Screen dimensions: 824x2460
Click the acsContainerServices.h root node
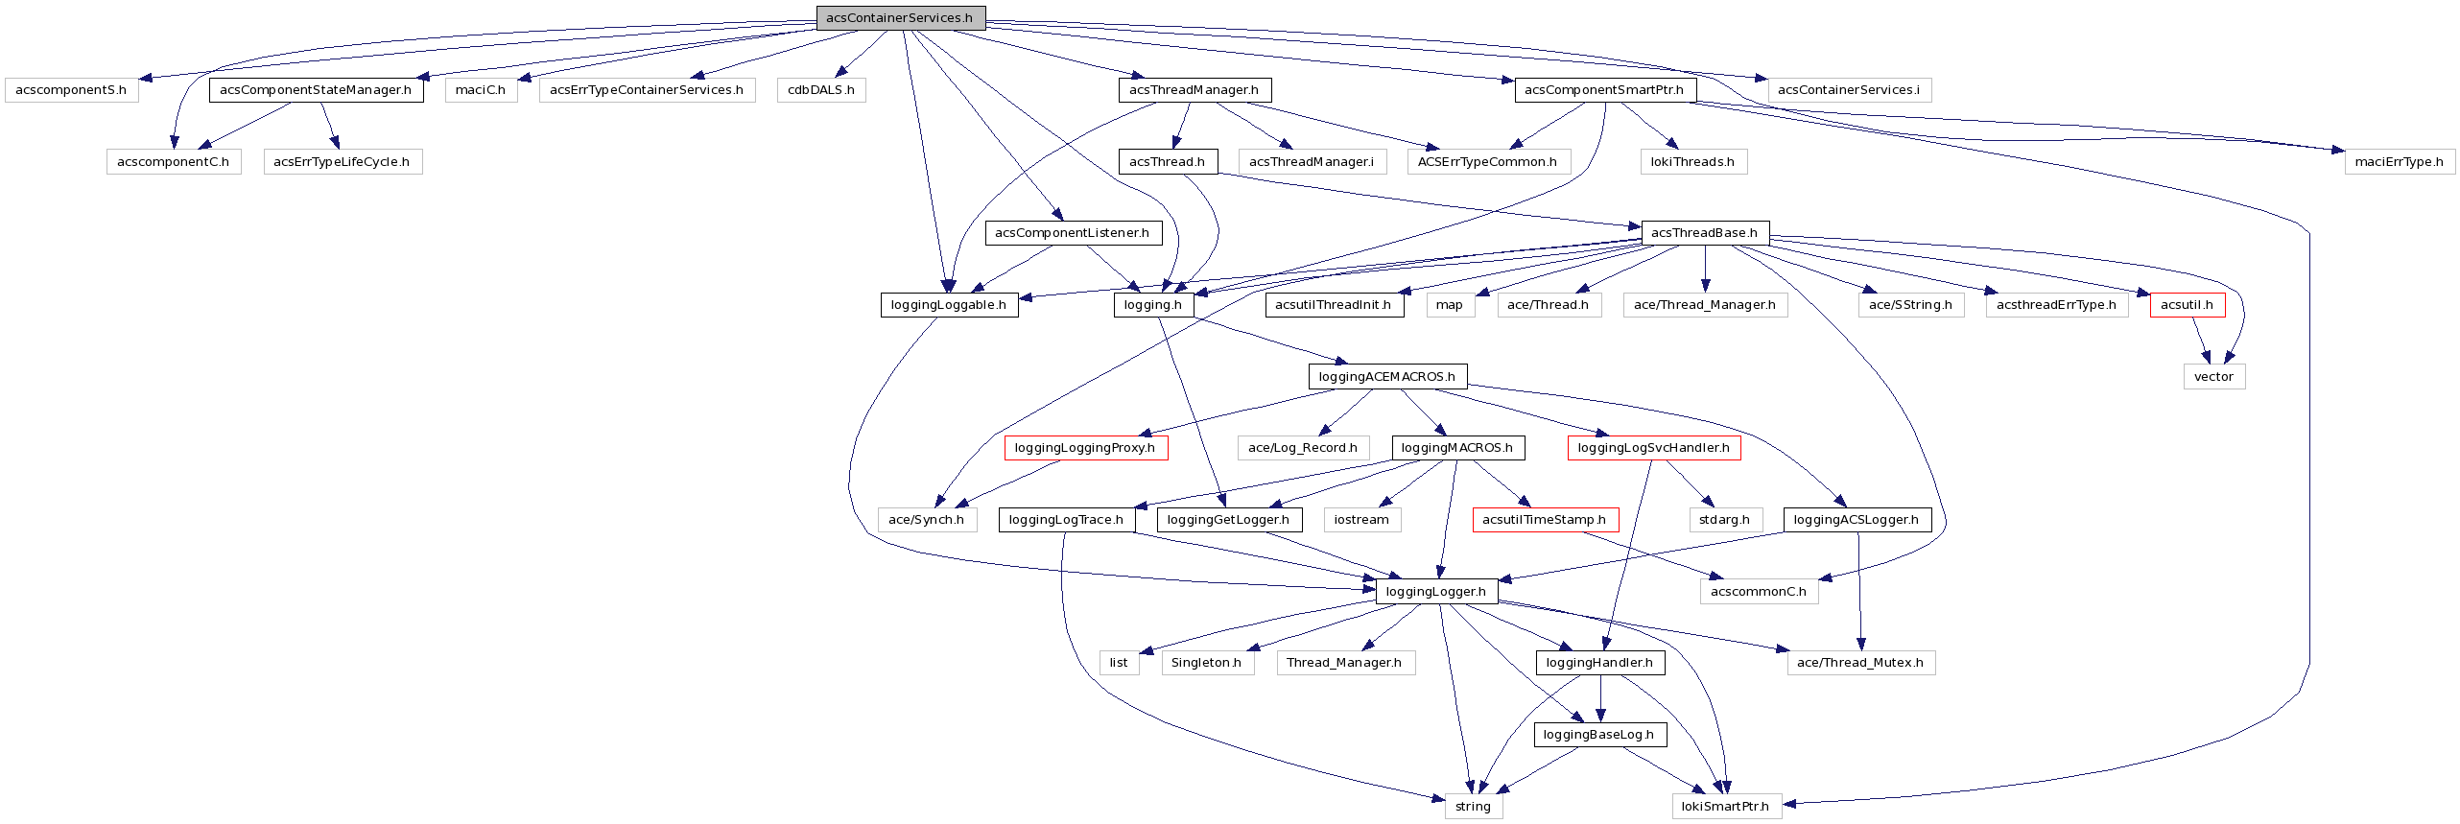(x=900, y=18)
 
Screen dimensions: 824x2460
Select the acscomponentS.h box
(x=71, y=90)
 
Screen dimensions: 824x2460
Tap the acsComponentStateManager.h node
(x=316, y=90)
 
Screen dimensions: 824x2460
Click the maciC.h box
(x=481, y=90)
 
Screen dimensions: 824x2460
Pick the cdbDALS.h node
(x=821, y=90)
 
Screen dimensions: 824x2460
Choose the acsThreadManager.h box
(x=1194, y=90)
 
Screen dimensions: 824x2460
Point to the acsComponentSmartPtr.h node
(x=1604, y=90)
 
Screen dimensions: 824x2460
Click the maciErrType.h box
(x=2399, y=162)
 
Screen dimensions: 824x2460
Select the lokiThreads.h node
(x=1692, y=162)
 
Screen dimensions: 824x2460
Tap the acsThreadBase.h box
(x=1704, y=233)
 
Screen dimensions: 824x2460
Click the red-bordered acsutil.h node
(x=2187, y=305)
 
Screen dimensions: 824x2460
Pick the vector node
(x=2213, y=377)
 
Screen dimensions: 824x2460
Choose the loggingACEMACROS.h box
(x=1386, y=377)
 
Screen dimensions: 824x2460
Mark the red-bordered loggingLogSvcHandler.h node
(x=1653, y=448)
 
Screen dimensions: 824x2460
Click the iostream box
(x=1361, y=520)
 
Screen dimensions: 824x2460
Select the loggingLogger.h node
(x=1435, y=592)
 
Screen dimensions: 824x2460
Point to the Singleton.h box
(x=1206, y=663)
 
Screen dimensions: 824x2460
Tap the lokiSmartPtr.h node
(x=1725, y=807)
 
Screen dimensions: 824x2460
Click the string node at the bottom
(x=1473, y=807)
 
